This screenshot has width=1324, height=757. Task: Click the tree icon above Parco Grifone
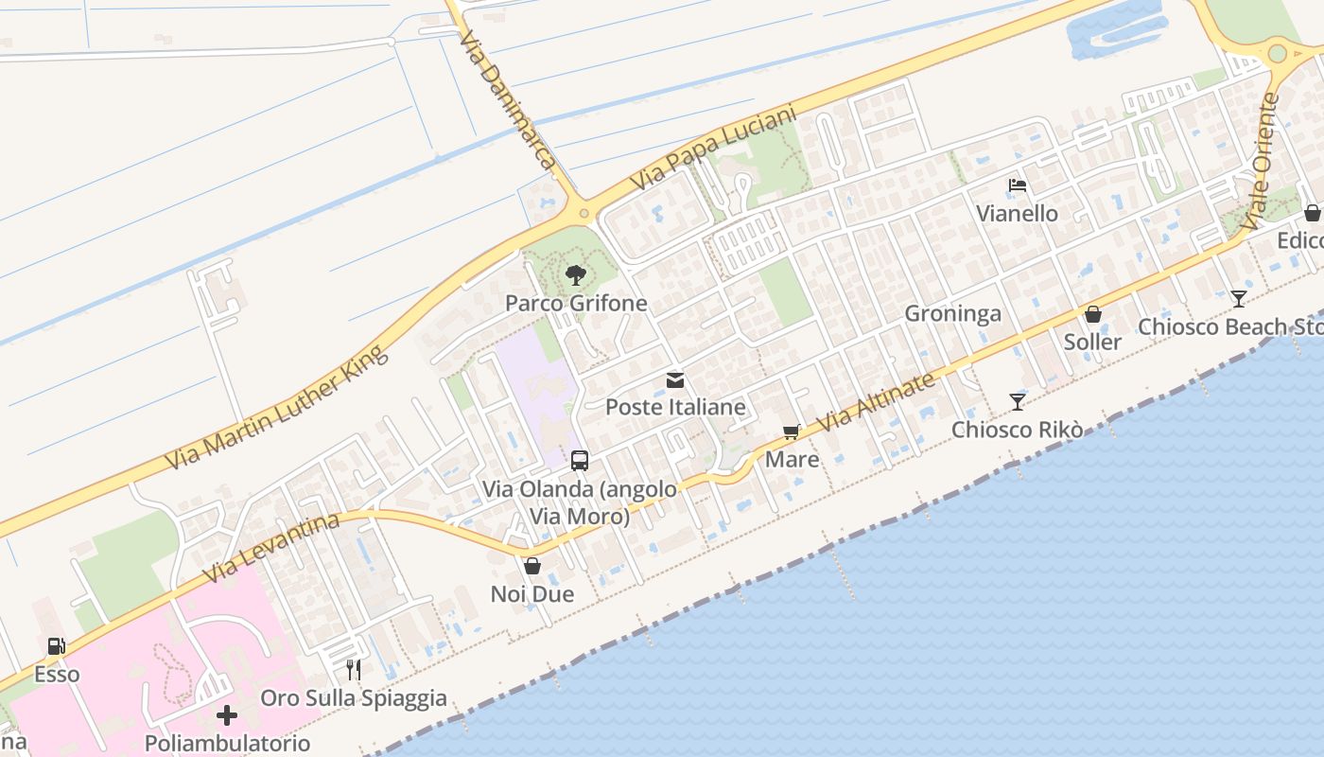pos(575,275)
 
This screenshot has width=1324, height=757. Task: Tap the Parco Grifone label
pos(576,304)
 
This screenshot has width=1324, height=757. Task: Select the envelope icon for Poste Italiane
pos(675,380)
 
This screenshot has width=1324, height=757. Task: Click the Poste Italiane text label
pos(675,408)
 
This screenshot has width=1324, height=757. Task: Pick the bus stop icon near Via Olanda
pos(580,461)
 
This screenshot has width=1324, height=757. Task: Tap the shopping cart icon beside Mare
pos(791,432)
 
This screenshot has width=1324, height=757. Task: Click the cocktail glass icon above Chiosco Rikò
pos(1017,402)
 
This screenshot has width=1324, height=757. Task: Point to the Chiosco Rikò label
pos(1017,430)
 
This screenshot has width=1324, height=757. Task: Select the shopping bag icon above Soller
pos(1092,314)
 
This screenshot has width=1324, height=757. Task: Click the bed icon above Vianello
pos(1018,185)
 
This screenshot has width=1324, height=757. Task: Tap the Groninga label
pos(952,314)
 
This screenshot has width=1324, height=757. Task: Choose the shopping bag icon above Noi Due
pos(532,566)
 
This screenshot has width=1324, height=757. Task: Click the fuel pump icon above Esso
pos(57,646)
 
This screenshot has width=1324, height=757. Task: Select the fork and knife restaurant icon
pos(354,670)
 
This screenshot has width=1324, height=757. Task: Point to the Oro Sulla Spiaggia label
pos(354,698)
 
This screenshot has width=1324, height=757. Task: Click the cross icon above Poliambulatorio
pos(227,714)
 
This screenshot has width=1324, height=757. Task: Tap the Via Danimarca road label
pos(507,99)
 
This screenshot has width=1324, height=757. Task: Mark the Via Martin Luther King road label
pos(277,409)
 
